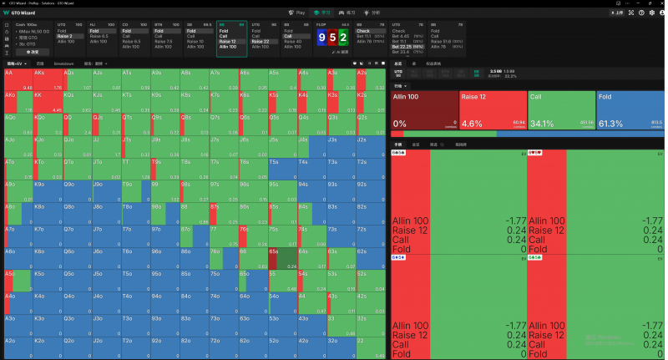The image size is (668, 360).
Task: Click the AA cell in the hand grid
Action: click(18, 79)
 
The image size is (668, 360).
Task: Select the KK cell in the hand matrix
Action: click(47, 101)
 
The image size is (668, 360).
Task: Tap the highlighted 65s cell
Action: click(281, 256)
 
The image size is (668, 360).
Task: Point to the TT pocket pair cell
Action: click(134, 167)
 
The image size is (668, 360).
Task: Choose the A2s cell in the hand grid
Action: click(371, 79)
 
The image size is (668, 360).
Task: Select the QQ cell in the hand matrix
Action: click(76, 123)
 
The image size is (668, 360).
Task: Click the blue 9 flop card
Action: click(322, 38)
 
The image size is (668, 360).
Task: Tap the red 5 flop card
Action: click(332, 38)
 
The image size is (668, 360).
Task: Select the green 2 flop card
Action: click(342, 38)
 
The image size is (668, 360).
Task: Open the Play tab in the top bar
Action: click(296, 13)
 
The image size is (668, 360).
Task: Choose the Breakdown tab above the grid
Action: click(63, 63)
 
